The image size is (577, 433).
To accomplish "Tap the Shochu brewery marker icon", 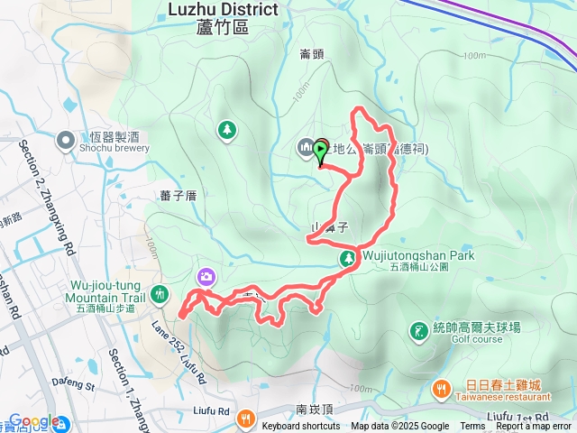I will (x=66, y=141).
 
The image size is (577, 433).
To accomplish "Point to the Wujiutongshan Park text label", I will (x=418, y=256).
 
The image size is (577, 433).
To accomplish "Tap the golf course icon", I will (x=418, y=330).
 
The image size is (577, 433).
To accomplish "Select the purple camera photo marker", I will (x=206, y=276).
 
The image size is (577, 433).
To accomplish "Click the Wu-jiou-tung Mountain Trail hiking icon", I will (x=160, y=293).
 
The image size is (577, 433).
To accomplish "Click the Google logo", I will (x=34, y=422).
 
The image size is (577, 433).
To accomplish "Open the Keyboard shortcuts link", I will (x=301, y=427).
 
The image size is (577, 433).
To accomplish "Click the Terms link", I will (x=472, y=427).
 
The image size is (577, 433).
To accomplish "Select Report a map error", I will (x=535, y=427).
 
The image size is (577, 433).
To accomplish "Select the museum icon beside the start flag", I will (x=305, y=147).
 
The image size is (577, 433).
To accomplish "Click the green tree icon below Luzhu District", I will (x=225, y=131).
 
